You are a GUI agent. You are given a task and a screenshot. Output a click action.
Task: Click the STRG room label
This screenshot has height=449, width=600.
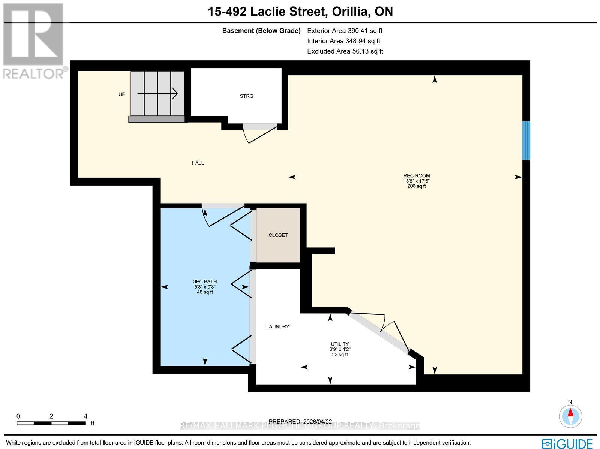[x=246, y=96]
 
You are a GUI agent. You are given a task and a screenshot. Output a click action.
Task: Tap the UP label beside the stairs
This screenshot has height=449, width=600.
[x=122, y=94]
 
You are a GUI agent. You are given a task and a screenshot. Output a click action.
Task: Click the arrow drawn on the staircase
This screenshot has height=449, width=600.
[x=157, y=93]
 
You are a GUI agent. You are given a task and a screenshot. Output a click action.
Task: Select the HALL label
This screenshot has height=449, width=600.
[x=198, y=163]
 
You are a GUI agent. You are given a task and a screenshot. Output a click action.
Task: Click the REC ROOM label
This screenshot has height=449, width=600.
[x=417, y=176]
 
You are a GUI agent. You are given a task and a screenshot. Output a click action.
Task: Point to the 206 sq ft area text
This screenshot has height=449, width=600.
[x=417, y=186]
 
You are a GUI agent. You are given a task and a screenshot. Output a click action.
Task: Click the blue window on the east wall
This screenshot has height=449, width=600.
[x=526, y=140]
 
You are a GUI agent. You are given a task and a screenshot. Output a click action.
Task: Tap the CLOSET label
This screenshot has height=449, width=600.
[x=278, y=235]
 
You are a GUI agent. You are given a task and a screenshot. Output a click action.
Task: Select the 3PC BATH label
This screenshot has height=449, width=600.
[x=205, y=281]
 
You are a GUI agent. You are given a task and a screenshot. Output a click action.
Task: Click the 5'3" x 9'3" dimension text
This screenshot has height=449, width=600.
[x=205, y=287]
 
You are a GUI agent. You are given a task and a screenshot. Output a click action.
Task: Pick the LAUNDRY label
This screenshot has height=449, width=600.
[x=278, y=327]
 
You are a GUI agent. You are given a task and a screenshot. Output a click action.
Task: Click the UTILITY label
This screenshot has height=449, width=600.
[x=340, y=344]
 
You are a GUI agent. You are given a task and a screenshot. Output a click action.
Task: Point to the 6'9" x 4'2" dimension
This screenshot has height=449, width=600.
[x=340, y=349]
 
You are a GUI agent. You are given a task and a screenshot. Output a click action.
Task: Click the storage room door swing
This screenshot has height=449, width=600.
[x=259, y=135]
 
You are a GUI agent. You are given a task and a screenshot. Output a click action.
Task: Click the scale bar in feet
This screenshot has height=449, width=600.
[x=51, y=423]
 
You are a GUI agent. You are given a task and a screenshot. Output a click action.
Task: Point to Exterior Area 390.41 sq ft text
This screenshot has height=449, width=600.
[x=345, y=31]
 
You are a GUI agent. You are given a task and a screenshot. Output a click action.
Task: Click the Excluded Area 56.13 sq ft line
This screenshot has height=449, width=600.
[x=345, y=51]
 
